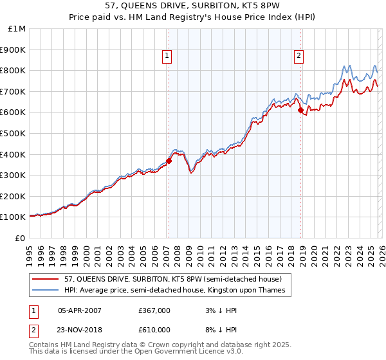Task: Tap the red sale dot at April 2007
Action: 169,161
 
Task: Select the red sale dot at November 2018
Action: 300,110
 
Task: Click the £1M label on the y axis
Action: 17,28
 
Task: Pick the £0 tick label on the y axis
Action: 21,238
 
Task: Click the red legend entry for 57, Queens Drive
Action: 172,279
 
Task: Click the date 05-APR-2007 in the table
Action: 79,310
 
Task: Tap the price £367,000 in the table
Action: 154,310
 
